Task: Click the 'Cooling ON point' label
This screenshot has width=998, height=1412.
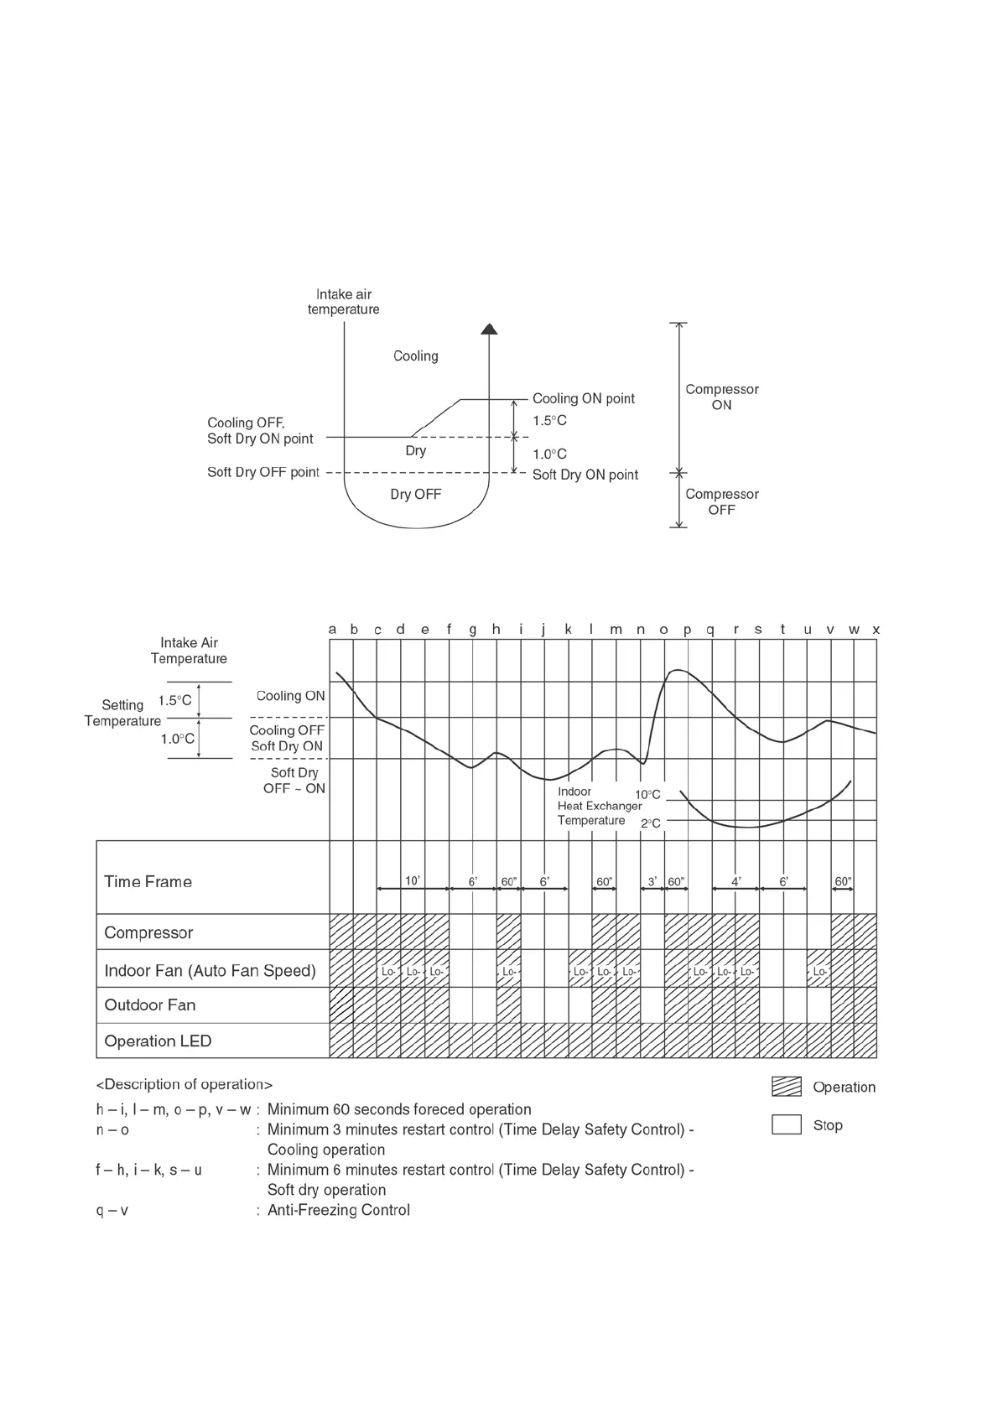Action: point(583,398)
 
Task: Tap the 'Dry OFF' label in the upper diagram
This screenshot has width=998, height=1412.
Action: point(415,494)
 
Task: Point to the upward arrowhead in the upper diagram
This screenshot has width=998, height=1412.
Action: point(489,329)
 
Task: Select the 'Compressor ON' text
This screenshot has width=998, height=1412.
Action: point(721,397)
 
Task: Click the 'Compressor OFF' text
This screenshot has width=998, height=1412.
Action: point(721,501)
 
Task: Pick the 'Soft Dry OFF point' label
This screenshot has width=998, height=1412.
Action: point(263,472)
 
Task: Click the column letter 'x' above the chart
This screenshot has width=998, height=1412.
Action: point(876,629)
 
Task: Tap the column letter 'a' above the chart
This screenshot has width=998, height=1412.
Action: point(332,629)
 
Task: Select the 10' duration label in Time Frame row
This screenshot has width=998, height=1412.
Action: point(413,880)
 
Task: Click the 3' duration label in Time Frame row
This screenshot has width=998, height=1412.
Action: point(652,881)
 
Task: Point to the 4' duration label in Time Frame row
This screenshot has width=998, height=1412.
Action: point(736,881)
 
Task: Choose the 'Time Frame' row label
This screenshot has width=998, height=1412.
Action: point(148,881)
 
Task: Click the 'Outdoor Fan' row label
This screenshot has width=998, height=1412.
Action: point(149,1004)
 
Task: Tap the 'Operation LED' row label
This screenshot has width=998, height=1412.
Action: point(158,1041)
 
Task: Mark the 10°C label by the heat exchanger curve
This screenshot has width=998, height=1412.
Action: point(647,794)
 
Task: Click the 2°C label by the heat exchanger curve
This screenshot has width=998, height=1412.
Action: point(650,823)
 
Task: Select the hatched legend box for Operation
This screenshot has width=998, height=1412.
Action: point(786,1087)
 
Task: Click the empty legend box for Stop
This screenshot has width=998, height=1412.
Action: point(786,1124)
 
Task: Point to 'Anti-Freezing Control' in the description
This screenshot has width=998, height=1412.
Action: point(338,1210)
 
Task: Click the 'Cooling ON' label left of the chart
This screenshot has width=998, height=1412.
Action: point(290,695)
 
